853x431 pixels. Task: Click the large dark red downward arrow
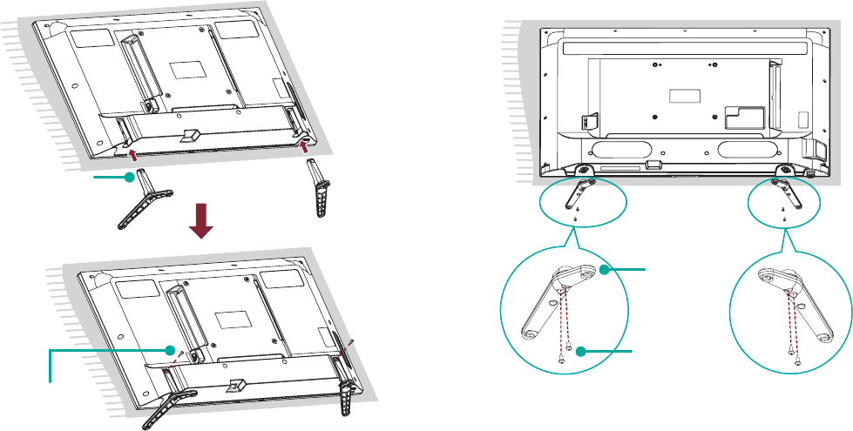(x=201, y=222)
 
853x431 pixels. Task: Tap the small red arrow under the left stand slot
(x=132, y=155)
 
